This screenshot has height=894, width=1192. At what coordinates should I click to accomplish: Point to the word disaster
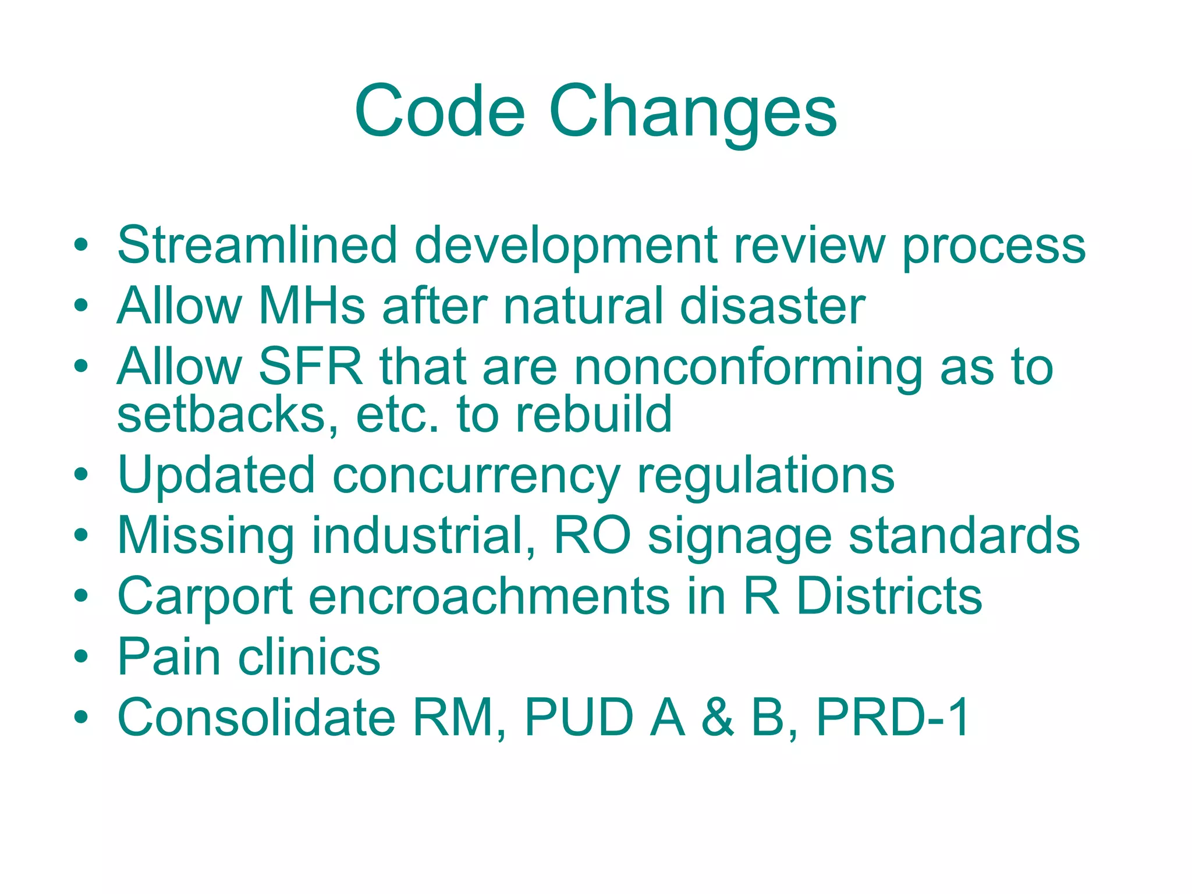coord(772,306)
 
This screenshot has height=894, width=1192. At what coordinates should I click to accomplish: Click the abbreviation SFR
coord(310,367)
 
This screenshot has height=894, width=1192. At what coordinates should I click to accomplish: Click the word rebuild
coord(593,414)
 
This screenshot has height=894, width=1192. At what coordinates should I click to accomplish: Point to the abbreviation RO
coord(592,535)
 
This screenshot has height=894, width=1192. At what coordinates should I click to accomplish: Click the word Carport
coord(205,598)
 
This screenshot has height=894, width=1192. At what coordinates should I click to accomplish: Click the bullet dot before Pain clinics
coord(81,656)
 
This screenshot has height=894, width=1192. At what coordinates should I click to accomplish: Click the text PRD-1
coord(893,717)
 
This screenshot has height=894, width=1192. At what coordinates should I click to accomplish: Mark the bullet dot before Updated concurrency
coord(81,474)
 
